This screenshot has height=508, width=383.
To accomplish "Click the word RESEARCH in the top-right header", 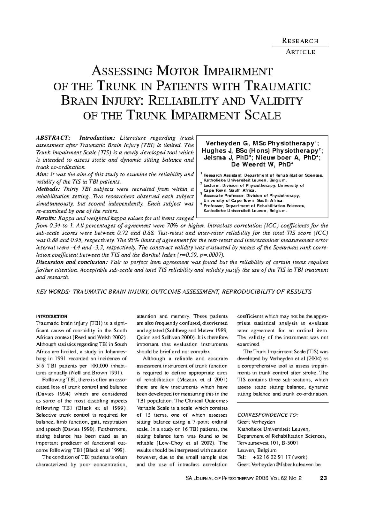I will coord(300,41).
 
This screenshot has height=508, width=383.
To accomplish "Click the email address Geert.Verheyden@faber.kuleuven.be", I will coord(279,464).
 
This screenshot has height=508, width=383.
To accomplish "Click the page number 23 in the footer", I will coord(323,478).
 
